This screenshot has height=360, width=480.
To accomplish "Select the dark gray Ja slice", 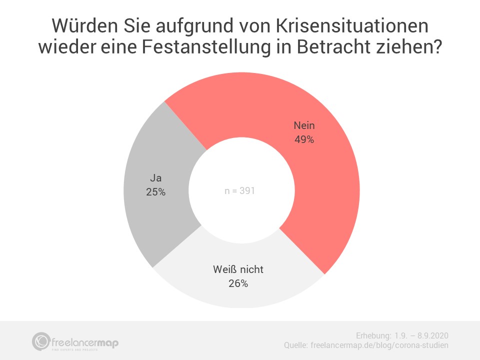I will (150, 210).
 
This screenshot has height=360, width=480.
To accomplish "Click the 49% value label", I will (304, 140).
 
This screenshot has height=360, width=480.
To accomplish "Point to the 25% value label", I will (155, 191).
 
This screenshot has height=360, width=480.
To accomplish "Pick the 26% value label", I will (237, 283).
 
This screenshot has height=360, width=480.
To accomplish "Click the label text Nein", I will (304, 126).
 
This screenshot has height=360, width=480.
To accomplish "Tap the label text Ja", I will (155, 177).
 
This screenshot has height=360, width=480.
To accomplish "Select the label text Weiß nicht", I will (237, 269).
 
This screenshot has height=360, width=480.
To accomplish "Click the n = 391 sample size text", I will (239, 190).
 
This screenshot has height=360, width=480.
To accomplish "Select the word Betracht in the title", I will (339, 49).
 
